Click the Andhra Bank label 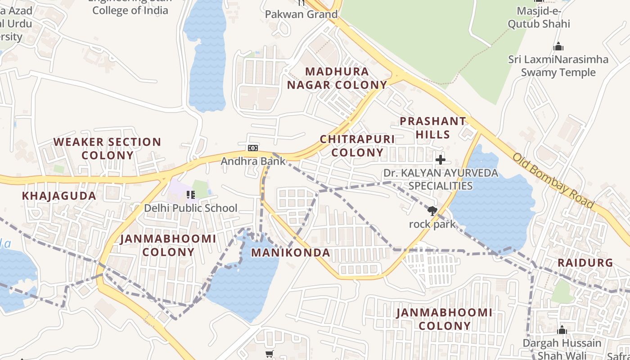(253, 161)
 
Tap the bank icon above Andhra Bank (253, 148)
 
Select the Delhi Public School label (190, 208)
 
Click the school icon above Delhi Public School (190, 195)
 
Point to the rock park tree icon (432, 211)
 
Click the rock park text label (432, 224)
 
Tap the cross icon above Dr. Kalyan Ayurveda (440, 159)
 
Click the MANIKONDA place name (290, 252)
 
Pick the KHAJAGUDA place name (59, 196)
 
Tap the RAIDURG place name (585, 263)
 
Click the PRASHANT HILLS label (433, 128)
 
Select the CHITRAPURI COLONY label (357, 146)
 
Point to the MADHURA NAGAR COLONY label (337, 78)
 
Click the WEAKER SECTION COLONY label (107, 148)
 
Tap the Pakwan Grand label (301, 14)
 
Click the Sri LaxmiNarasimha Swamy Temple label (558, 66)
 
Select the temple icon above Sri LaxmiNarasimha (558, 46)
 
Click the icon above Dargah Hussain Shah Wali (562, 330)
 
